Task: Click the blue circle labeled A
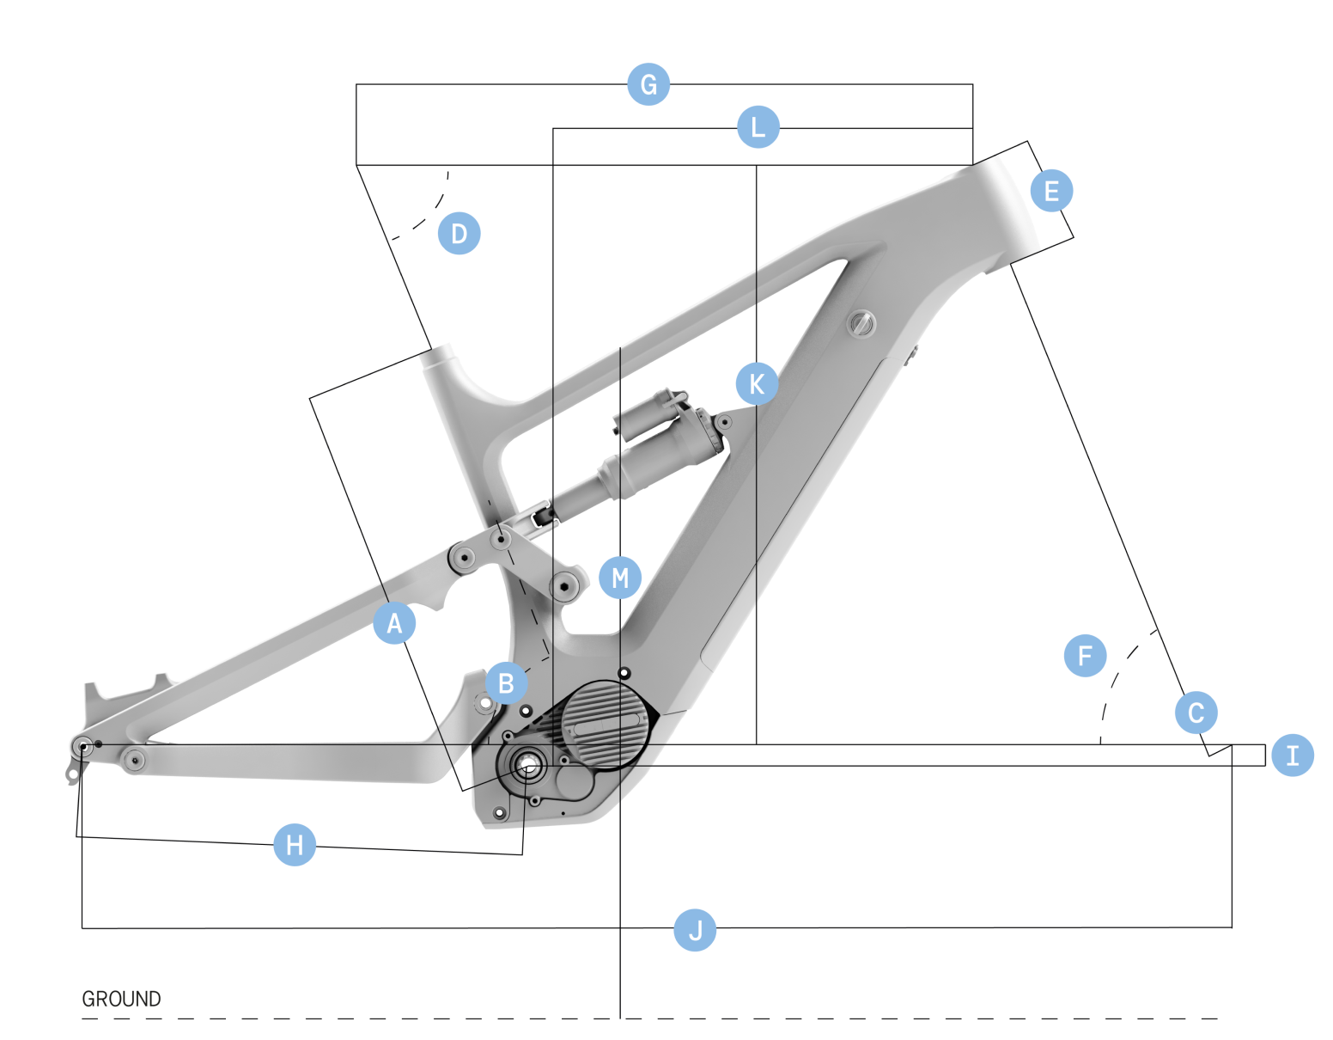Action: pos(394,623)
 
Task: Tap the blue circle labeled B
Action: pos(506,683)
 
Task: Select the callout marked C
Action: pos(1196,713)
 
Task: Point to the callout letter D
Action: pos(459,233)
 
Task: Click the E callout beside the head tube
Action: pos(1051,191)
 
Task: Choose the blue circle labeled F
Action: pos(1085,656)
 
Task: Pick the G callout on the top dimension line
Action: pos(648,84)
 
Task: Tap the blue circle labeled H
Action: pos(295,845)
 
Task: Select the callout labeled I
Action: pos(1293,756)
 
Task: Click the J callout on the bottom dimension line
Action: pos(695,930)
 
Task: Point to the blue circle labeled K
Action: pos(757,384)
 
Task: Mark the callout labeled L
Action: pos(758,127)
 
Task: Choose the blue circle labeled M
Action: pos(620,578)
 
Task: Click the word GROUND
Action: pos(121,1000)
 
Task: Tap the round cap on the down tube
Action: pos(861,323)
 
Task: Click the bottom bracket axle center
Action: pos(527,764)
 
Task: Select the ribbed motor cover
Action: pos(605,726)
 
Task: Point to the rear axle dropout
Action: pos(82,747)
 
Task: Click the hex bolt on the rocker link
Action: pos(564,586)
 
